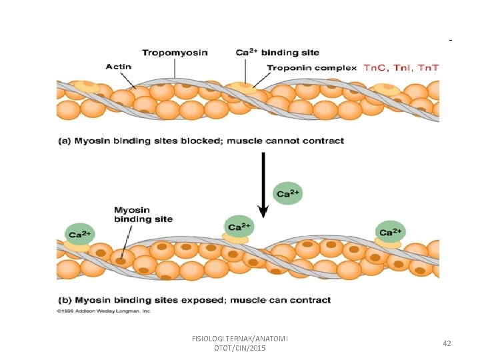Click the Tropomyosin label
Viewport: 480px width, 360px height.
click(x=174, y=53)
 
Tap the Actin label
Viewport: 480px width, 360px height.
click(x=119, y=66)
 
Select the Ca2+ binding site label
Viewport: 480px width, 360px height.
click(x=277, y=53)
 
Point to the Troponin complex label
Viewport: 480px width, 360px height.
click(x=311, y=67)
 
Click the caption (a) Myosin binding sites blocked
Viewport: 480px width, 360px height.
click(x=209, y=141)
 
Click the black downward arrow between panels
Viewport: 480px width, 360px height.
click(x=263, y=183)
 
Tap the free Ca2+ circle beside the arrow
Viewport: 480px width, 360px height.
click(x=288, y=193)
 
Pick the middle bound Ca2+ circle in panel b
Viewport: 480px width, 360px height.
click(x=238, y=225)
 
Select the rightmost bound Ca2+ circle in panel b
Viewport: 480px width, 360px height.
click(x=390, y=231)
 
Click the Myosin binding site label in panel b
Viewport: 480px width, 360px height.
click(x=143, y=214)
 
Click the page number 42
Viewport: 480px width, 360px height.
click(x=447, y=343)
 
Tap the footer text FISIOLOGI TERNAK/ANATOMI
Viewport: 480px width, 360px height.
click(x=239, y=339)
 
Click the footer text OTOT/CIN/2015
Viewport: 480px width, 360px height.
click(x=239, y=349)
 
